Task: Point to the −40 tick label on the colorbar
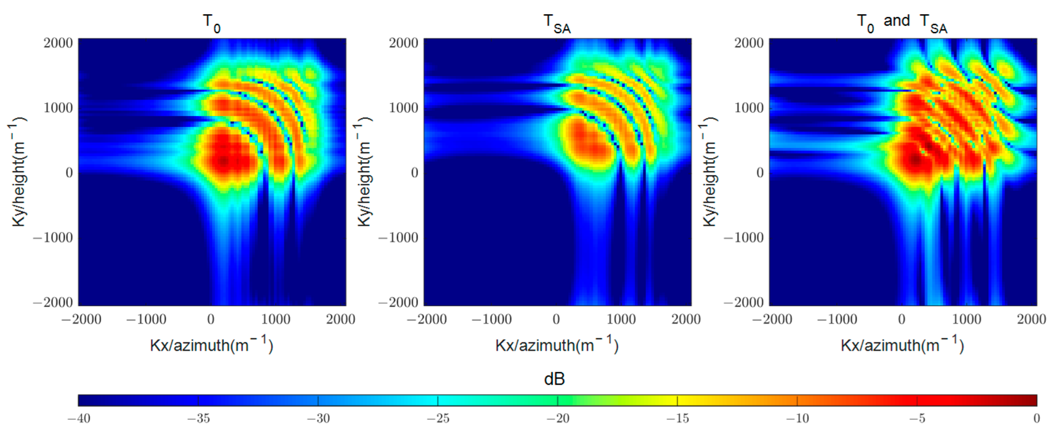click(79, 418)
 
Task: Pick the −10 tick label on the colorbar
click(797, 418)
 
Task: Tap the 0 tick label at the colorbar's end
click(1036, 418)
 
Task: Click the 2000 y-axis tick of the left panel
click(58, 43)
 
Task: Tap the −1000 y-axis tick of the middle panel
click(398, 237)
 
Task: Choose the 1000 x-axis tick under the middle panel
click(621, 319)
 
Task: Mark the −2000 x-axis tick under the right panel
click(772, 319)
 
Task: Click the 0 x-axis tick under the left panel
click(211, 319)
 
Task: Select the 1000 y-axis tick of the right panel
click(749, 108)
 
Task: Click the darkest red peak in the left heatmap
click(223, 161)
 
